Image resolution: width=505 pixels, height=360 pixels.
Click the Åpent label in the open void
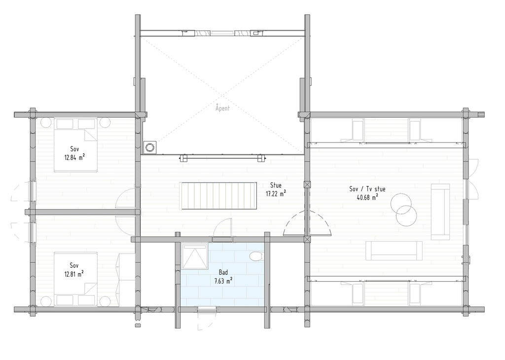coord(222,108)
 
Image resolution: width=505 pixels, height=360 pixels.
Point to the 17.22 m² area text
coord(276,194)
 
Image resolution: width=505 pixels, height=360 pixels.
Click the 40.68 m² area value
coord(367,197)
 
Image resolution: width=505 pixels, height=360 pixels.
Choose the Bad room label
coord(223,272)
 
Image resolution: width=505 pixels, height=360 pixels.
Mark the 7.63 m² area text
coord(223,280)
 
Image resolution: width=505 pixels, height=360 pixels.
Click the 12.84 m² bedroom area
coord(74,158)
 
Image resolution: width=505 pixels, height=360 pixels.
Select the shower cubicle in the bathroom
coord(195,256)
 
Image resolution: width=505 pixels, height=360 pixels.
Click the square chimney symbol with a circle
coord(149,147)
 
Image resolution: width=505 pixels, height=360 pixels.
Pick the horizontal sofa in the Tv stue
coord(394,251)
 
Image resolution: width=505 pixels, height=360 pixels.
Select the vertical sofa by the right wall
coord(440,212)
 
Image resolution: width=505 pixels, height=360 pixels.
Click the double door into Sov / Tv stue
coord(308,224)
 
